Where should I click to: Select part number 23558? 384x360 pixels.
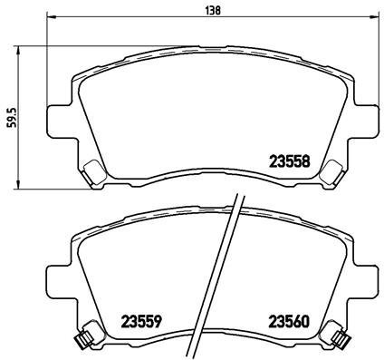click(x=291, y=161)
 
